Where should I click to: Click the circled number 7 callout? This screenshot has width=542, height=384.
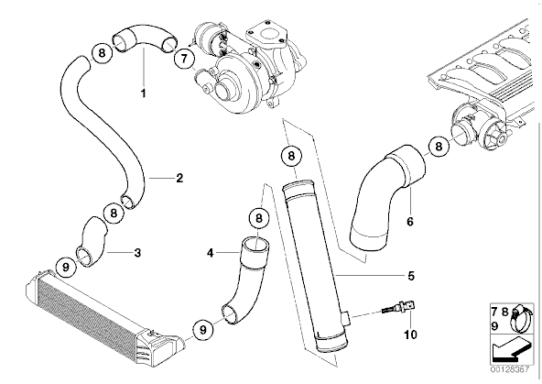pyautogui.click(x=184, y=58)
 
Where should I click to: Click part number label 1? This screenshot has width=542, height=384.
pyautogui.click(x=143, y=93)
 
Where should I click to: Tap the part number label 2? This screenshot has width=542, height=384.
pyautogui.click(x=179, y=178)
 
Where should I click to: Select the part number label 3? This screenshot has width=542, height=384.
pyautogui.click(x=137, y=253)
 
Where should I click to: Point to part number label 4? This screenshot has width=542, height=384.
pyautogui.click(x=211, y=253)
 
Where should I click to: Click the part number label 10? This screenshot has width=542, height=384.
pyautogui.click(x=411, y=335)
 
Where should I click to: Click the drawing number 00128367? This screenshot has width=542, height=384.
pyautogui.click(x=510, y=369)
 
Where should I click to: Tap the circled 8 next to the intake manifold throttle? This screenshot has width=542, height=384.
pyautogui.click(x=439, y=147)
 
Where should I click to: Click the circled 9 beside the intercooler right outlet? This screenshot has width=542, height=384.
pyautogui.click(x=203, y=329)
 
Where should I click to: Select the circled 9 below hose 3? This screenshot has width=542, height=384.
pyautogui.click(x=66, y=267)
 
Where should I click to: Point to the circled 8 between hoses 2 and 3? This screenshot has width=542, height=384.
pyautogui.click(x=114, y=214)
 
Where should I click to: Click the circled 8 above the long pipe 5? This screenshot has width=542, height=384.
pyautogui.click(x=291, y=156)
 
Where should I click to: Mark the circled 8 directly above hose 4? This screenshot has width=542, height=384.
pyautogui.click(x=259, y=218)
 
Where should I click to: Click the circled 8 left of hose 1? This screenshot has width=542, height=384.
pyautogui.click(x=102, y=53)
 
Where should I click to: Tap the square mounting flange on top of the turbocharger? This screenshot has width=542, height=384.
pyautogui.click(x=266, y=36)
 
